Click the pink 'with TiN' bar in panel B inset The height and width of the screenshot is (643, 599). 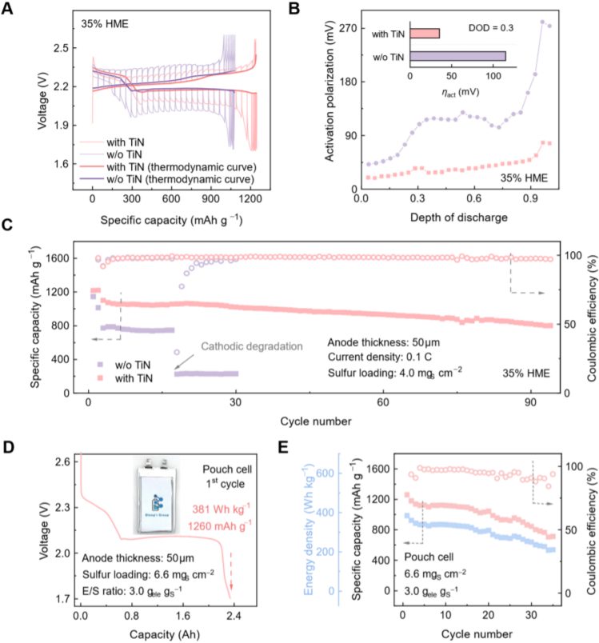point(425,34)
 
